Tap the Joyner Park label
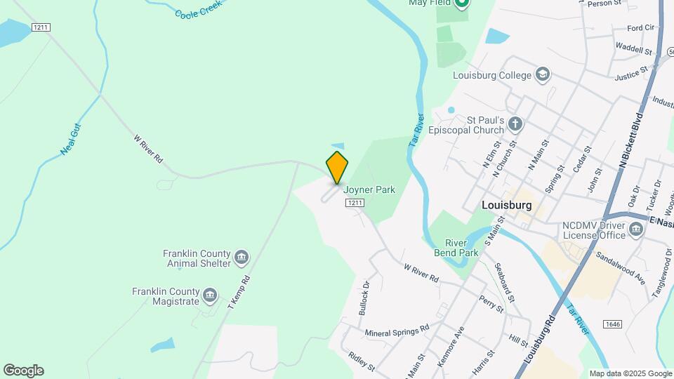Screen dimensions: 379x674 (x=369, y=189)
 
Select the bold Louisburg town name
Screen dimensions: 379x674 (x=507, y=206)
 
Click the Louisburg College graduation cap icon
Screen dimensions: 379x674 (x=542, y=74)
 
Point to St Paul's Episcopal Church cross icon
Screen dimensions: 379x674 (x=515, y=125)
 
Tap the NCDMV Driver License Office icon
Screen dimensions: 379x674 (x=636, y=230)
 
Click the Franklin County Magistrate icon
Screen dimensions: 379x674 (x=210, y=295)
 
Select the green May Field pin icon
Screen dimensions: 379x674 (x=461, y=4)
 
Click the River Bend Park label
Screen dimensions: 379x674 (x=460, y=248)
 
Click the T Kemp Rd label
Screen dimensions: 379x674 (x=239, y=292)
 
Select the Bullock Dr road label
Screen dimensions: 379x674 (x=364, y=298)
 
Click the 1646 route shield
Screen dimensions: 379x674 (x=612, y=324)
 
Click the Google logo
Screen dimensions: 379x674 (x=23, y=371)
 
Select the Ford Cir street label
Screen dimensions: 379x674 (x=640, y=28)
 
